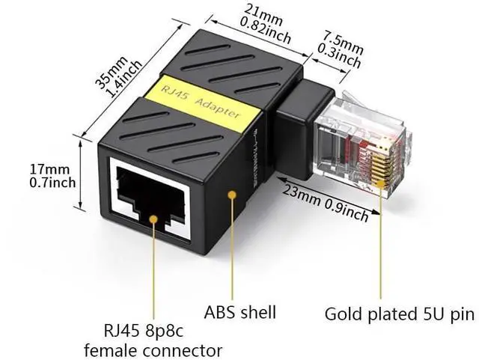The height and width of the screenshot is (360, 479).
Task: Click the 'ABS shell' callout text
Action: pyautogui.click(x=240, y=312)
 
